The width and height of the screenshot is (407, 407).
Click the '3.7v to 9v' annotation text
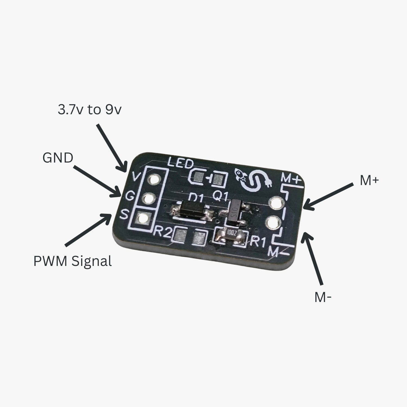pos(90,110)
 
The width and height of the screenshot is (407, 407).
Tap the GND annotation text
pos(58,158)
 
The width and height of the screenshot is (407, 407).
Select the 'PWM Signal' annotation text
pos(72,261)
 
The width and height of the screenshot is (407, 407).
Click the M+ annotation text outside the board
pos(369,180)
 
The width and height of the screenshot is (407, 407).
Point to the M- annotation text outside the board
pos(323,297)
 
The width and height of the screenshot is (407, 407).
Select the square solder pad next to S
pos(143,218)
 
